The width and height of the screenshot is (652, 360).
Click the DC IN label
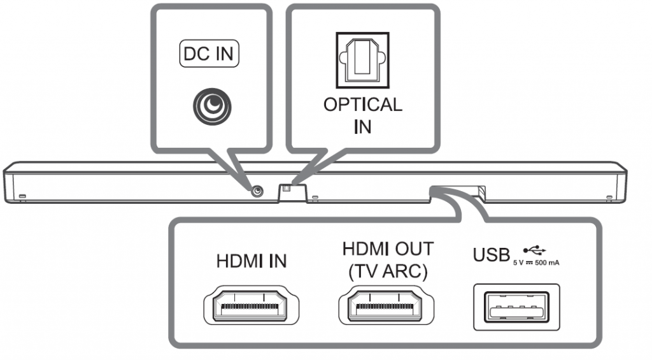(x=208, y=55)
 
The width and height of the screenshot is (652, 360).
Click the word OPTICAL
(x=362, y=104)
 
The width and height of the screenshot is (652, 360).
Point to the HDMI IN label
(x=252, y=261)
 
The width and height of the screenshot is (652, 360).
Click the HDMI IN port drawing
(x=252, y=308)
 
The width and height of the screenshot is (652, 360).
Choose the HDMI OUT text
(x=388, y=248)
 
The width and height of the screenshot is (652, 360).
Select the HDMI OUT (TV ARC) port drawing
(x=388, y=308)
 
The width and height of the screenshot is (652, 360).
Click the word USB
(x=492, y=255)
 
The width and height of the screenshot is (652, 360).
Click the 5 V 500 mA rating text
(x=536, y=263)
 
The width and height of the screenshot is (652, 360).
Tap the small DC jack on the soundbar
(x=257, y=191)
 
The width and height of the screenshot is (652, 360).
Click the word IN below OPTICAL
(x=362, y=126)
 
